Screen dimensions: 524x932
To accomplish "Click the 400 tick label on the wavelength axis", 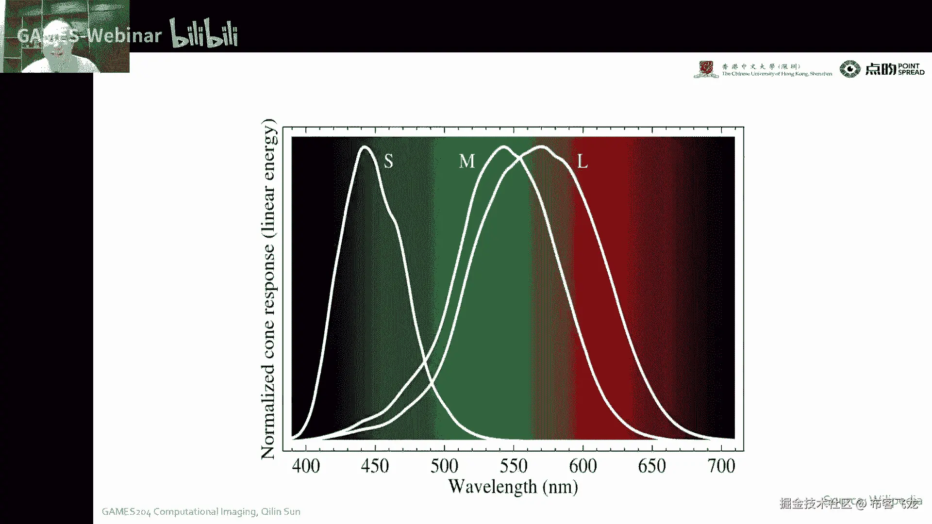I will (306, 466).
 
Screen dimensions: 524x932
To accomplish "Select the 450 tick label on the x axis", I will (375, 466).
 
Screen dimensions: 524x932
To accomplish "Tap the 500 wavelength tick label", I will (444, 466).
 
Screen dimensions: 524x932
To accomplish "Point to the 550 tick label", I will (514, 466).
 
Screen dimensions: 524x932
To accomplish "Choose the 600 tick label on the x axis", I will (583, 466).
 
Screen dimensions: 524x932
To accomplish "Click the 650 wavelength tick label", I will (652, 466).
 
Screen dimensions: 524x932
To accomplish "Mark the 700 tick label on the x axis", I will (721, 466).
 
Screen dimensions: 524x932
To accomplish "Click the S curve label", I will (388, 161).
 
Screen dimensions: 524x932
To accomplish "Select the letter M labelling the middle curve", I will (466, 161).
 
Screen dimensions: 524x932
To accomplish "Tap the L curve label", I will (582, 161).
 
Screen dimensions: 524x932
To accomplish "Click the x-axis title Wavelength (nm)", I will (513, 487).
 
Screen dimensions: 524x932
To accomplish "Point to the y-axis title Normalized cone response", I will (268, 289).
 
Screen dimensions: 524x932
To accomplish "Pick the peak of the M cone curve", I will (504, 147).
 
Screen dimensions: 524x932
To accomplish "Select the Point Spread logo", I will (882, 69).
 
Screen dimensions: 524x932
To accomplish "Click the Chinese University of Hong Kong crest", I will (706, 69).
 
